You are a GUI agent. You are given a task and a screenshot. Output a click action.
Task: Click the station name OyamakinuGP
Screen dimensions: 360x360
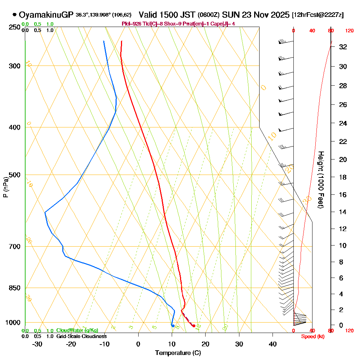(x=46, y=15)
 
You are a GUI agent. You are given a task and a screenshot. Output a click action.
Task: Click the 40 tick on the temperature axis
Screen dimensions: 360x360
(x=273, y=344)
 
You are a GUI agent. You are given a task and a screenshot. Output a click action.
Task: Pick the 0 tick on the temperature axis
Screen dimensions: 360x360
(x=138, y=344)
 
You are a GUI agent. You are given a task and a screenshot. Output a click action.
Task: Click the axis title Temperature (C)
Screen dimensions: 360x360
(x=178, y=353)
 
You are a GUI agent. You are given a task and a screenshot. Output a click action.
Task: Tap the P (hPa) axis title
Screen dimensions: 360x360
(x=6, y=187)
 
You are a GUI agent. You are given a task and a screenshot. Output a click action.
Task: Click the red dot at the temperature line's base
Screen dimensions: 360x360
(x=194, y=326)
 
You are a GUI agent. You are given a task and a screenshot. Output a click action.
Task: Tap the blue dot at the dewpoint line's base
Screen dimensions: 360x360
(x=173, y=326)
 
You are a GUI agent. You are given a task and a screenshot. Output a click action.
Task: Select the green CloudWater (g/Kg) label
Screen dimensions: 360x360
(x=77, y=330)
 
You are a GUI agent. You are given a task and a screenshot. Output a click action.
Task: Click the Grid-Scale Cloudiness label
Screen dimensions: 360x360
(x=81, y=336)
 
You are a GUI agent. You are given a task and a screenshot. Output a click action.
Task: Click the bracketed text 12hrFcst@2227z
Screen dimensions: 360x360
(x=318, y=15)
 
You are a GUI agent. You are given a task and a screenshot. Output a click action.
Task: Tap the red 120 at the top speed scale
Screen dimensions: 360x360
(x=349, y=31)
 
